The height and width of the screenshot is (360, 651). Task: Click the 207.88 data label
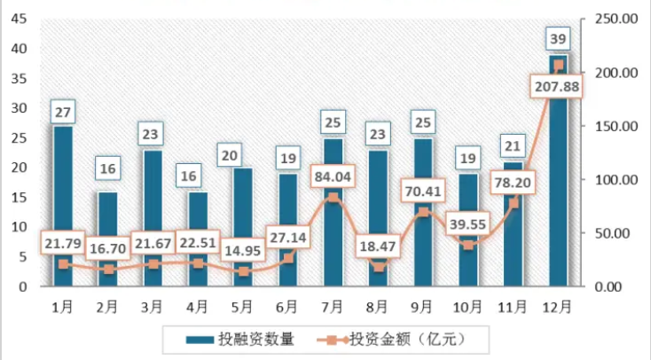(559, 87)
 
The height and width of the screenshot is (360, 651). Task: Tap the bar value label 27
(63, 113)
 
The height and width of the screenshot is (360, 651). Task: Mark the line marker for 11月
(514, 203)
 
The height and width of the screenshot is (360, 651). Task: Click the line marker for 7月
(333, 197)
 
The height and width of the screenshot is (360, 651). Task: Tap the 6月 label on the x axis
(287, 307)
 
